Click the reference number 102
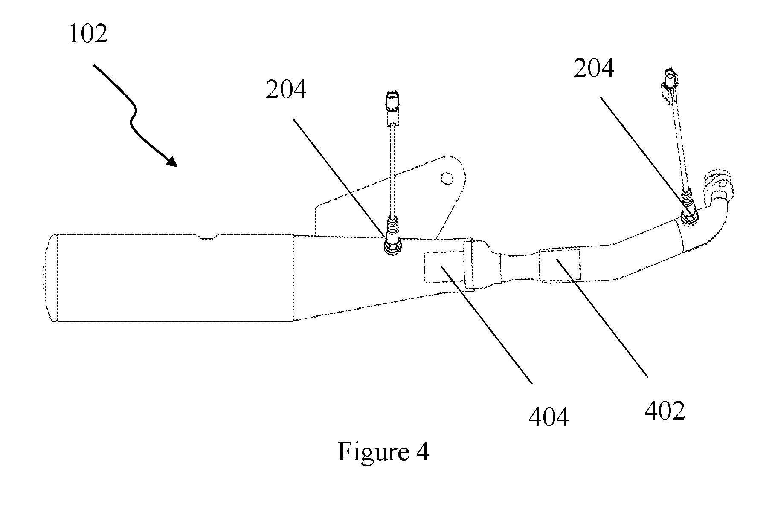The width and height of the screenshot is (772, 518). click(x=88, y=34)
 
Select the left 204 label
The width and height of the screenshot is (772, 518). click(x=286, y=90)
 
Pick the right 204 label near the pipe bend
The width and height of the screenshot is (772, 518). click(x=594, y=68)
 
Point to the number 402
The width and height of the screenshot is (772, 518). click(x=665, y=411)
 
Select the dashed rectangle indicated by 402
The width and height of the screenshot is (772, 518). click(x=560, y=264)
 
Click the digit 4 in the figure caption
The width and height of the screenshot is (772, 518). click(x=422, y=452)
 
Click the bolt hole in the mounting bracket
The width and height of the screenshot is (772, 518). click(x=447, y=177)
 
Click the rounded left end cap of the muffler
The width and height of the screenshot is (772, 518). click(x=52, y=278)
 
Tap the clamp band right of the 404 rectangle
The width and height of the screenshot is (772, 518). click(x=469, y=266)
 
